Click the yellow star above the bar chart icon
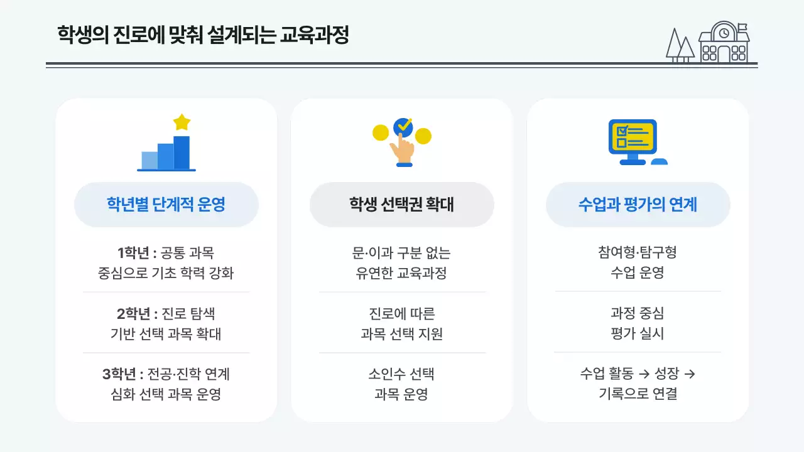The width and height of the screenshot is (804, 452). pos(182,122)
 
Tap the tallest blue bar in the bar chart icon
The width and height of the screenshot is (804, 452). pos(182,153)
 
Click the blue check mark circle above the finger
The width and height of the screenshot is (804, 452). pos(403,127)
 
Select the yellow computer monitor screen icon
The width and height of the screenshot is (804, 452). pos(632,138)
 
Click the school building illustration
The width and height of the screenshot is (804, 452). pos(724,43)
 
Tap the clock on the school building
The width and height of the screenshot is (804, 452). pos(724,33)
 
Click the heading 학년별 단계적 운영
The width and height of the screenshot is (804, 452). pos(166,205)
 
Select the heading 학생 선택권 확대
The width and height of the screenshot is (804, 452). pos(402,205)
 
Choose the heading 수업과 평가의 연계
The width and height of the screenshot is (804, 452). pos(638,205)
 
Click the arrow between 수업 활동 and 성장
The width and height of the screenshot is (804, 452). pos(643,375)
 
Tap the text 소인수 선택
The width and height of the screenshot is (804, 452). pos(401,375)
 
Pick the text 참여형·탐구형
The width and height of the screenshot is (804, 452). pos(638,253)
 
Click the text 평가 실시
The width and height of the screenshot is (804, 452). pos(638,334)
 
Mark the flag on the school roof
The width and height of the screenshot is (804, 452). pos(742,28)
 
